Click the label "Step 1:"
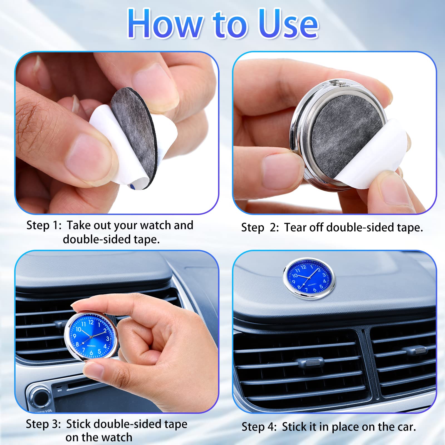(44, 225)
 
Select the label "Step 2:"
(260, 228)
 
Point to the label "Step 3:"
(43, 424)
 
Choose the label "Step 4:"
(259, 427)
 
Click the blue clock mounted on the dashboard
(309, 278)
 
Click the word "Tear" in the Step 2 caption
(296, 228)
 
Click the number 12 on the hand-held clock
(91, 322)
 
